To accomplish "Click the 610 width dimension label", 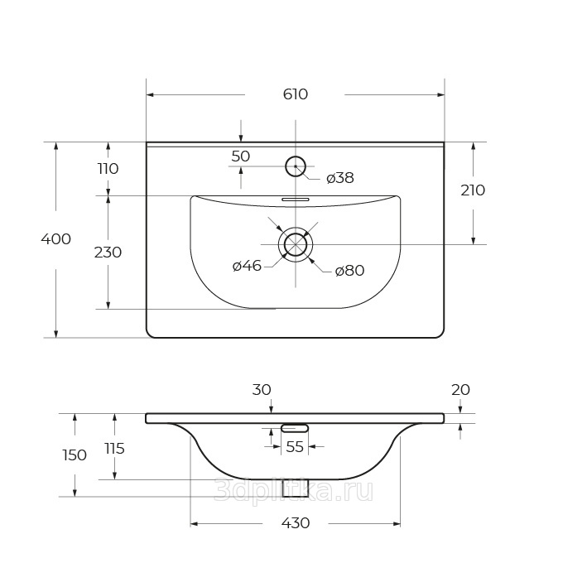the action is coord(296,94).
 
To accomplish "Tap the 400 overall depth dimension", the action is coord(55,238).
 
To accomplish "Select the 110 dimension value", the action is coord(108,169).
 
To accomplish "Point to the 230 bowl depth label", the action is coord(108,253).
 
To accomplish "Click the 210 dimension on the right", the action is coord(473,190).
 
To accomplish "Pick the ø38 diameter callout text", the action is coord(340,178).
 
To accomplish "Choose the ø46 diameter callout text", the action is coord(247,266).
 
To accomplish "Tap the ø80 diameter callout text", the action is coord(349,270).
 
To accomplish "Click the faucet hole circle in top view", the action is coord(296,156).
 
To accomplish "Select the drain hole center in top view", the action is coord(296,244).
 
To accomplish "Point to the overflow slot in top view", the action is coord(296,200).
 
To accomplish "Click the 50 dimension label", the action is coord(240,156).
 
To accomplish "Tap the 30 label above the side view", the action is coord(262,390).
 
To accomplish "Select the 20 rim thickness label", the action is coord(460,390).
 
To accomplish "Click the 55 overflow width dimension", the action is coord(295,446).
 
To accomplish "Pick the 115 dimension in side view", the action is coord(114,448).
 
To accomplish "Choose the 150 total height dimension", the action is coord(75,455).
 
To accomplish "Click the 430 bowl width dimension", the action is coord(296,523).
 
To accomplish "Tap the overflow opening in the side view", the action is coord(295,428).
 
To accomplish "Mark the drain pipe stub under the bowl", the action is coord(295,488).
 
